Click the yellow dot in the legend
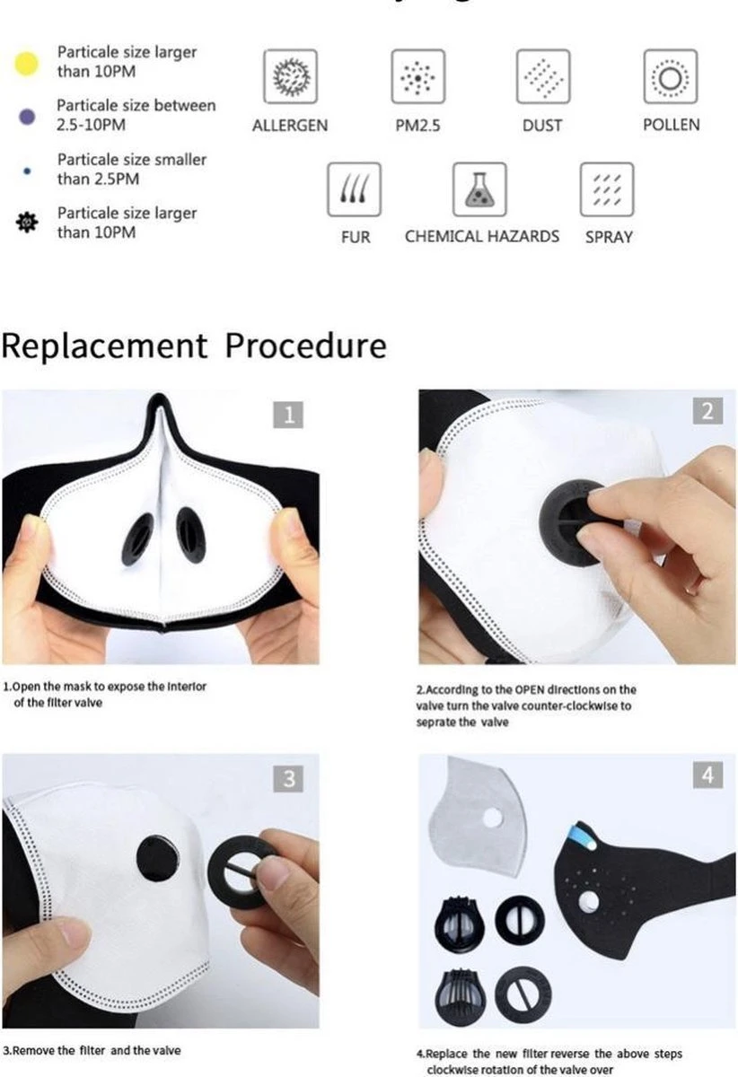pyautogui.click(x=28, y=63)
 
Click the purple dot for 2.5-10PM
pyautogui.click(x=27, y=117)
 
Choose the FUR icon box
pyautogui.click(x=355, y=189)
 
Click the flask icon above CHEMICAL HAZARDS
pyautogui.click(x=479, y=189)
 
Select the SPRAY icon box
pyautogui.click(x=607, y=189)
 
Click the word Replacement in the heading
pyautogui.click(x=104, y=346)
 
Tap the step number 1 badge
pyautogui.click(x=288, y=415)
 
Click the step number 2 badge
pyautogui.click(x=707, y=411)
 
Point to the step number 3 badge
pyautogui.click(x=288, y=778)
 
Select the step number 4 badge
pyautogui.click(x=707, y=775)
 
